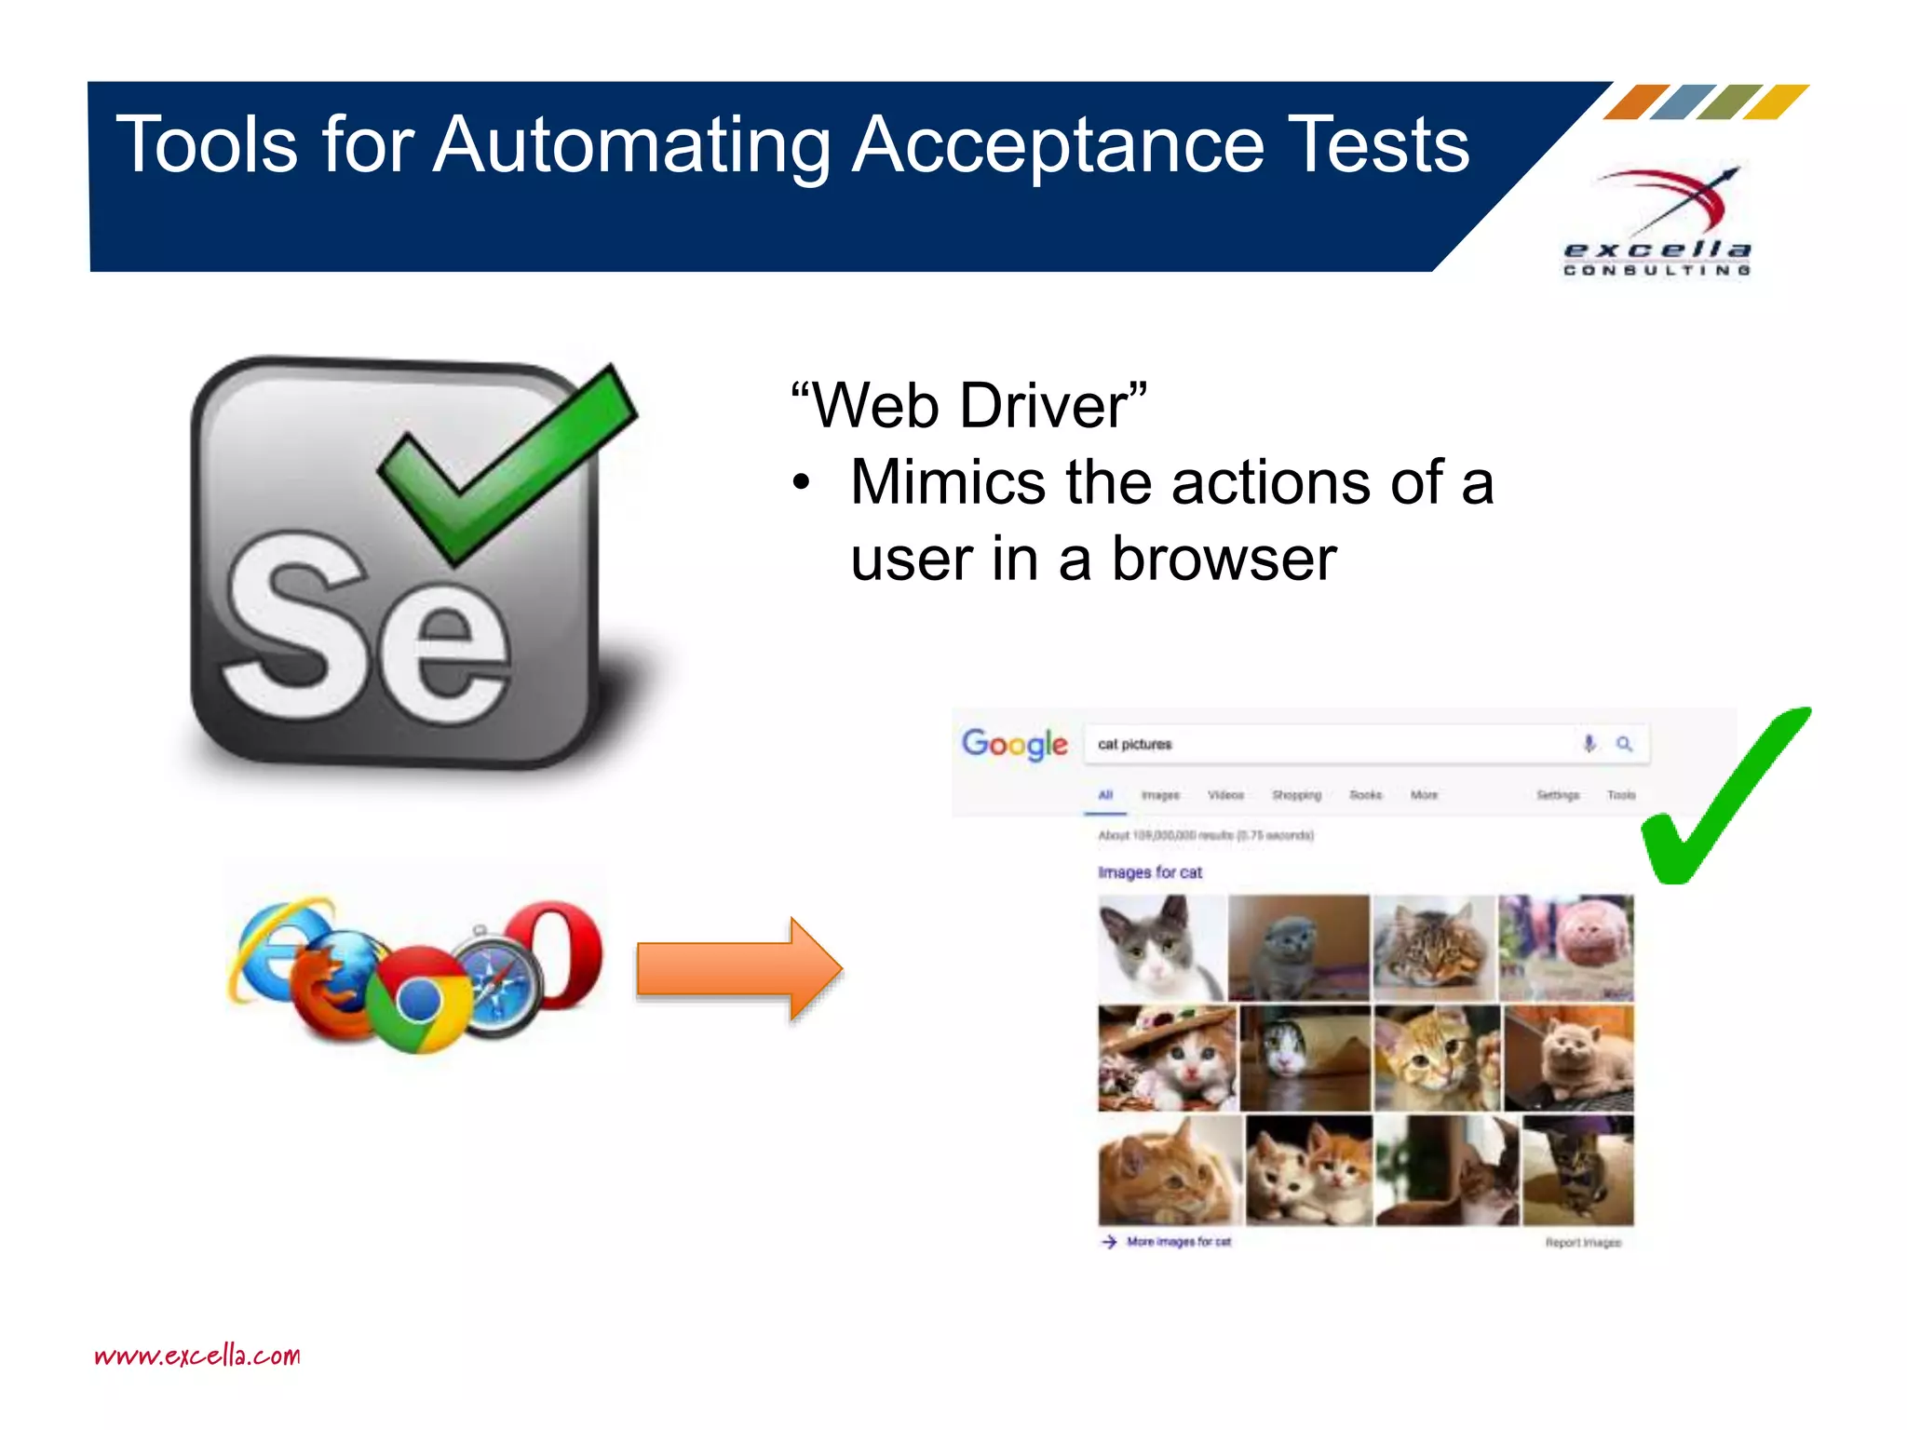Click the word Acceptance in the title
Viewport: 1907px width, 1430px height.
pos(1058,147)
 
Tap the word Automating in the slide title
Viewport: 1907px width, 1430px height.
pos(631,147)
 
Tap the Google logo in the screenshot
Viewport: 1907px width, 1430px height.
pos(1014,744)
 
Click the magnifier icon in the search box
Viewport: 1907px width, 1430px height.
pos(1624,744)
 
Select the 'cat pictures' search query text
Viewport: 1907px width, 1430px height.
pos(1134,745)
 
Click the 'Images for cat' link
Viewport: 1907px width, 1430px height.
pos(1150,872)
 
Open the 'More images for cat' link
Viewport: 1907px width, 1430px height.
pos(1178,1242)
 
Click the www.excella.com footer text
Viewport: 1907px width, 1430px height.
pos(197,1356)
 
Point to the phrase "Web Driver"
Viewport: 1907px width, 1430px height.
pos(969,406)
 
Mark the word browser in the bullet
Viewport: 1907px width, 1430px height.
pos(1224,560)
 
